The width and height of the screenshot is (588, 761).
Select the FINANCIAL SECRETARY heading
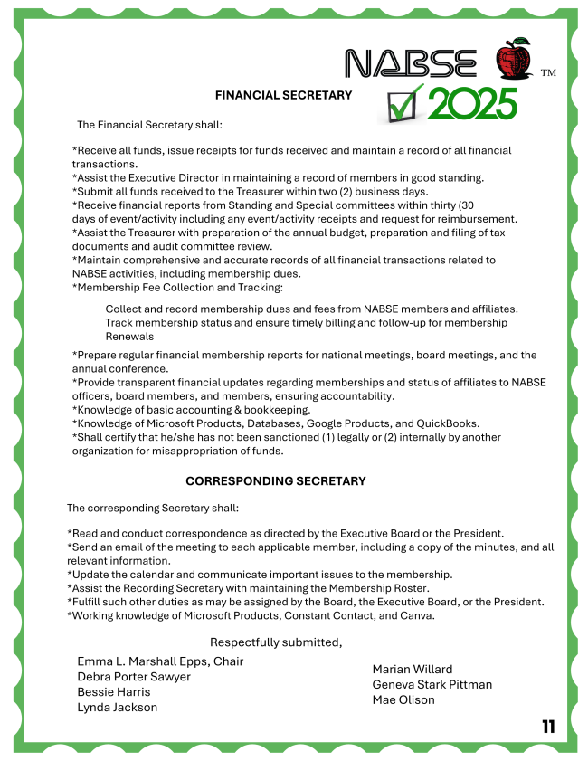click(283, 95)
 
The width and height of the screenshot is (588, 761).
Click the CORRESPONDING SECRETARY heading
click(276, 481)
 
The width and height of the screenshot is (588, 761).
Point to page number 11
click(548, 726)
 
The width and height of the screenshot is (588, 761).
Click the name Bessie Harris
click(114, 692)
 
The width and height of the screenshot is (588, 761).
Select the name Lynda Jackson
click(118, 708)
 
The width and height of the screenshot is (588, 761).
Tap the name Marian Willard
click(413, 669)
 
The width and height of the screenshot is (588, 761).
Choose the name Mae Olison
click(403, 699)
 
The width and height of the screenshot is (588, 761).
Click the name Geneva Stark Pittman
click(432, 684)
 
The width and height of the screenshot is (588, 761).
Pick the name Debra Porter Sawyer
click(134, 677)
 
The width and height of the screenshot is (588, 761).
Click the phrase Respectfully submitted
click(276, 642)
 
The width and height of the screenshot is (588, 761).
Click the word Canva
click(416, 616)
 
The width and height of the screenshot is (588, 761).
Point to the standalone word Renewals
click(129, 337)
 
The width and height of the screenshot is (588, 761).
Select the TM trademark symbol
click(548, 71)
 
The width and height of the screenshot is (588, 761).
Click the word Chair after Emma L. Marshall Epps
click(228, 661)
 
